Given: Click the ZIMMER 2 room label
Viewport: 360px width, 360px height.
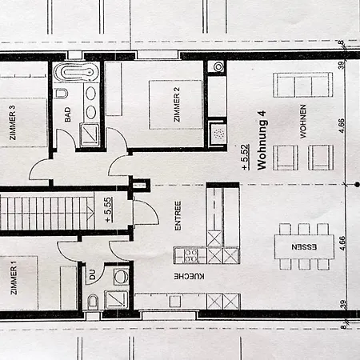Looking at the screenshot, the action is point(177,104).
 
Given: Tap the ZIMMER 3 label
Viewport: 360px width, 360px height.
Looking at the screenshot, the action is point(12,122).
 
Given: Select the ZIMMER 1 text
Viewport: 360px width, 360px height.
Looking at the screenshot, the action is point(14,278).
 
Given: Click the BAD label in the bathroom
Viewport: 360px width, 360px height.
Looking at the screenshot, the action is point(68,114).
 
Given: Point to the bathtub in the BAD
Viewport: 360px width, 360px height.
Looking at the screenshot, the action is point(76,72).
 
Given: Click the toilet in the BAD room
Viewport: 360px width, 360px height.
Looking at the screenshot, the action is point(62,94).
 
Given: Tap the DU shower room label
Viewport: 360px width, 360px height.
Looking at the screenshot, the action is point(92,274).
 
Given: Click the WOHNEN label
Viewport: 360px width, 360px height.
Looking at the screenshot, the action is point(302,122).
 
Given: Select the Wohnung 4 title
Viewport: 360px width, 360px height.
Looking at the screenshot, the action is point(262,141).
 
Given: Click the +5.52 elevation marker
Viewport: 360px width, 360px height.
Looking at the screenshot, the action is point(246,157).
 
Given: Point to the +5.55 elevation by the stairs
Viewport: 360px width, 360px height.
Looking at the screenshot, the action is point(108,210).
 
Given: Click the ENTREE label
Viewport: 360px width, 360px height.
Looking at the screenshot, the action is point(178,216).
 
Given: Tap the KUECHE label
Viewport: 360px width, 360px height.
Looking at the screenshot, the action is point(190,276).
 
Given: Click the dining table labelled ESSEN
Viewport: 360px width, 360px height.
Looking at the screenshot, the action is point(304,246).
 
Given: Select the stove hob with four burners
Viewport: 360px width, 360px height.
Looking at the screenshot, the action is point(190,256).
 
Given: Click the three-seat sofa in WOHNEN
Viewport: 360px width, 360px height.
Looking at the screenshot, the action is point(303,85).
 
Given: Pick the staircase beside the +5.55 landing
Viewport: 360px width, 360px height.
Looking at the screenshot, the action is point(47,213).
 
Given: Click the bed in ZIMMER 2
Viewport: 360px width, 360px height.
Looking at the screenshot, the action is point(176,105).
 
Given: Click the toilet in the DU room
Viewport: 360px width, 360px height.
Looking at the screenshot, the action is point(93,301).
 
